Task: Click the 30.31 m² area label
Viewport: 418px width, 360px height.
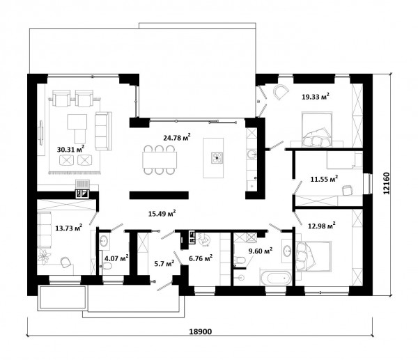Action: point(70,149)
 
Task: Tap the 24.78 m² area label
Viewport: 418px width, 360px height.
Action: point(177,137)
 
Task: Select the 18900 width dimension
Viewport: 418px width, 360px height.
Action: point(200,331)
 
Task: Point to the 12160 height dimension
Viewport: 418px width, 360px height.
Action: point(386,183)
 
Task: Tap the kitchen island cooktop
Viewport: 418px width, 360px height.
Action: point(217,158)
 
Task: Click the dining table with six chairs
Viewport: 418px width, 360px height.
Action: point(160,159)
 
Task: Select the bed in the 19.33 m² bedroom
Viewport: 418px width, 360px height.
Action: point(316,130)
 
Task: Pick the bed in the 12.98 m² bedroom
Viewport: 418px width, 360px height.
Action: point(313,256)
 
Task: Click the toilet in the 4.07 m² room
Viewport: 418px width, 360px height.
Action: point(107,266)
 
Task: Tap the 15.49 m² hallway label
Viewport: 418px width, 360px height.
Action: point(162,214)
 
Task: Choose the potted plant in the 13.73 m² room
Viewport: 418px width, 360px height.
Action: point(44,256)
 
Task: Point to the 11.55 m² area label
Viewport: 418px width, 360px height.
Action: point(324,178)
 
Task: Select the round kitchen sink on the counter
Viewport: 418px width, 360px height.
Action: point(251,155)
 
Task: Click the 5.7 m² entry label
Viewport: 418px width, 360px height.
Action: point(164,263)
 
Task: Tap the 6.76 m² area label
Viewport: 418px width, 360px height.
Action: point(201,258)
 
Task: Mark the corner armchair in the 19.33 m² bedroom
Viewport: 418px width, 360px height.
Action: point(281,92)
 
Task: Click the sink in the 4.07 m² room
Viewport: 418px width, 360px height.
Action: point(104,242)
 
